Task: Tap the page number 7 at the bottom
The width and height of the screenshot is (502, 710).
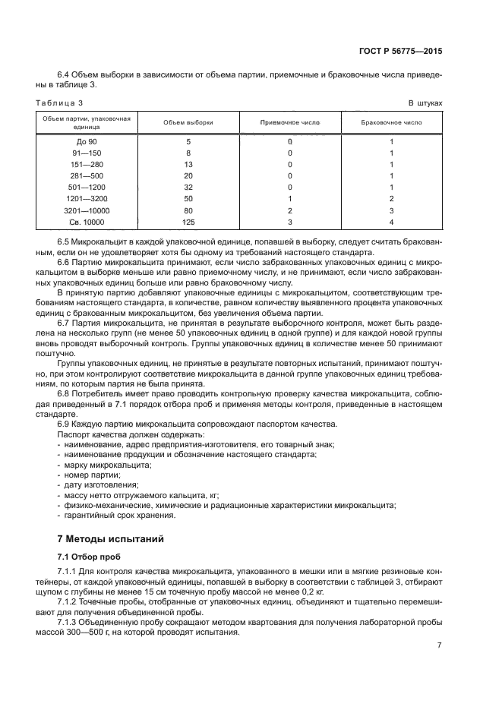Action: [x=440, y=645]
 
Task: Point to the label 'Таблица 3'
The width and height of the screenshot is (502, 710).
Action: [x=59, y=103]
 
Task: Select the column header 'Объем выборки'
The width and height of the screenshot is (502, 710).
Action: [x=188, y=122]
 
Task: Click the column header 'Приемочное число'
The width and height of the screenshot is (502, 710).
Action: [x=290, y=122]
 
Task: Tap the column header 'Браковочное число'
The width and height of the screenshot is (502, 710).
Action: [x=391, y=122]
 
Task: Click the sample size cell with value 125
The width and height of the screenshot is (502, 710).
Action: [x=188, y=222]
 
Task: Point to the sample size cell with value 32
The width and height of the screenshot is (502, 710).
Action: [x=188, y=188]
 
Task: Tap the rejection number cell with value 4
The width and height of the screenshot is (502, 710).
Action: [x=391, y=222]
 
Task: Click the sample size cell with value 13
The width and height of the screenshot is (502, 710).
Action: [x=188, y=165]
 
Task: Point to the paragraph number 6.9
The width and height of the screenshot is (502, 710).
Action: [x=65, y=424]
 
